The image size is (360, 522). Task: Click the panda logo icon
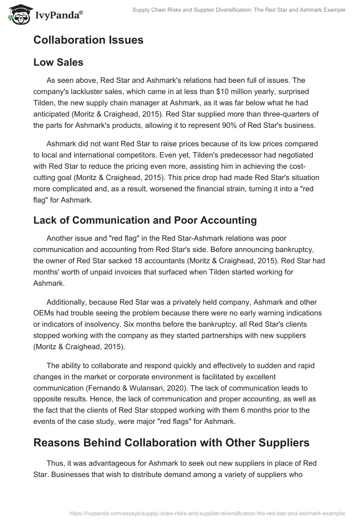pos(18,14)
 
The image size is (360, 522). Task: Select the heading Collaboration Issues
pos(88,40)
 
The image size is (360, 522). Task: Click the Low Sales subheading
pos(58,63)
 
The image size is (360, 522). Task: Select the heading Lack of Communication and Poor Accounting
pos(145,220)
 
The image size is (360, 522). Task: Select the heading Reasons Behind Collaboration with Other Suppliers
pos(171,442)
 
